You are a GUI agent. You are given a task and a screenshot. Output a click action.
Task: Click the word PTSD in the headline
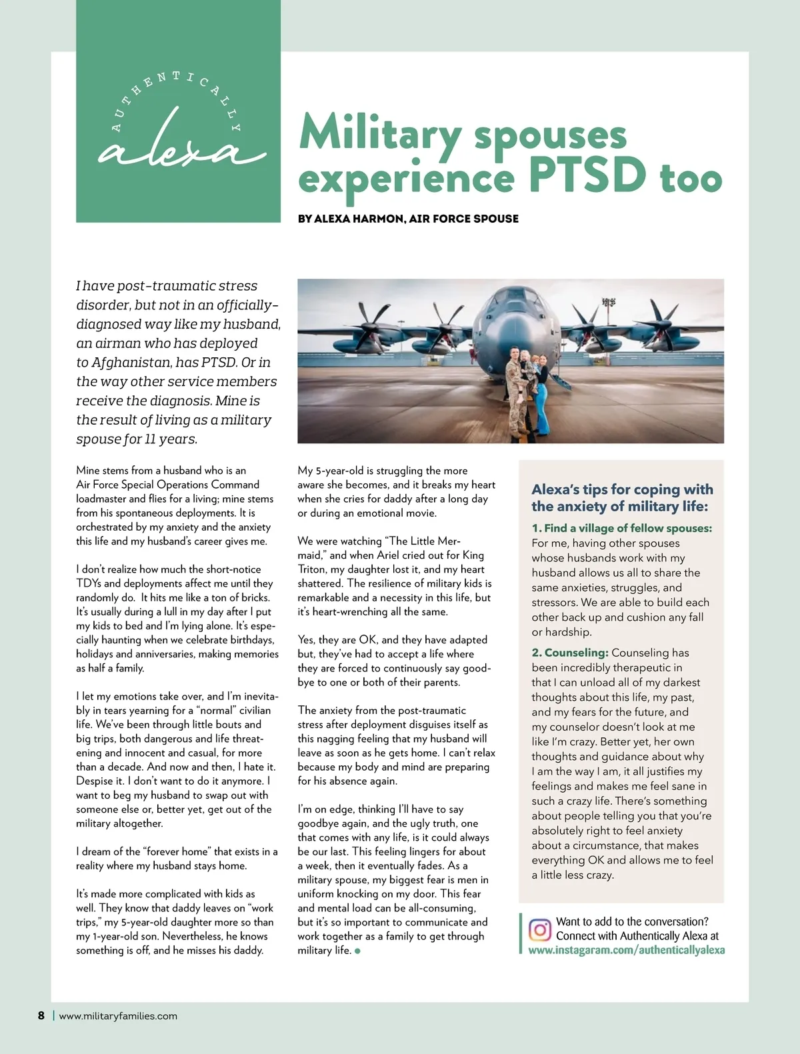click(x=587, y=175)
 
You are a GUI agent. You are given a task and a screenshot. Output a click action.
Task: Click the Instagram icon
click(x=539, y=929)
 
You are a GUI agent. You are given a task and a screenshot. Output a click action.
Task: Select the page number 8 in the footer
click(x=41, y=1016)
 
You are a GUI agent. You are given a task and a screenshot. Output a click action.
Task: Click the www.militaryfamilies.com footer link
click(x=118, y=1016)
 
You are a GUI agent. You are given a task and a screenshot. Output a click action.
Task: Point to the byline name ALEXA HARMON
click(x=359, y=219)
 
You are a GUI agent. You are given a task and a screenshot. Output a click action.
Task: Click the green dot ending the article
click(x=358, y=951)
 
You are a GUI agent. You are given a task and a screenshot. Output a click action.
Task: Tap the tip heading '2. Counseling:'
click(x=570, y=653)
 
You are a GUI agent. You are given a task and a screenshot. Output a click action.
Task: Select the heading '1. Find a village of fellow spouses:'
click(x=621, y=528)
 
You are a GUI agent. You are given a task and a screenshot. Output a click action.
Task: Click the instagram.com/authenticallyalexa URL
click(x=627, y=951)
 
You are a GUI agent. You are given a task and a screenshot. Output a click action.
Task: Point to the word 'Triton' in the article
click(x=312, y=569)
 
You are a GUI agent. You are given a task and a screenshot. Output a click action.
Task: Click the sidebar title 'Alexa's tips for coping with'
click(x=622, y=489)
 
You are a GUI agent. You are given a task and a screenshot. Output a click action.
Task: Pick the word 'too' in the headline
click(x=691, y=179)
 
